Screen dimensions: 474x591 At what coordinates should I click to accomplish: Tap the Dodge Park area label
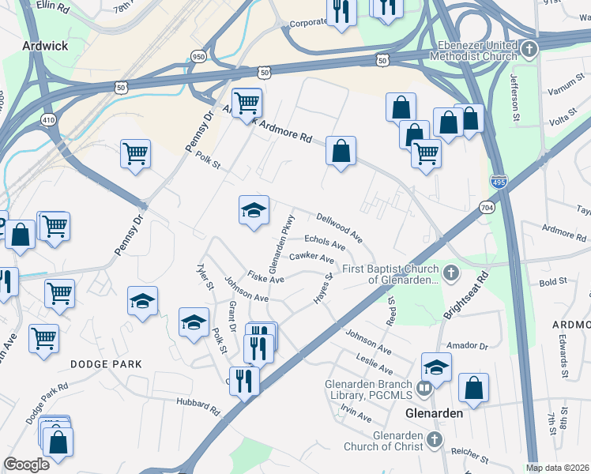pos(105,364)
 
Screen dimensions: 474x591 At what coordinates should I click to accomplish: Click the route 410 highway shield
pos(49,120)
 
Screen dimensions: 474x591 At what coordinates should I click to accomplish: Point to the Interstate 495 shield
pos(498,182)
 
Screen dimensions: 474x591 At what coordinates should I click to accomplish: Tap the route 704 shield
pos(487,206)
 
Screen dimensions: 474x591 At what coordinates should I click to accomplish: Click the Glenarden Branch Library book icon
pos(424,387)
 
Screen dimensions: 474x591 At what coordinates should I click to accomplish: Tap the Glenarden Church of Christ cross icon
pos(433,439)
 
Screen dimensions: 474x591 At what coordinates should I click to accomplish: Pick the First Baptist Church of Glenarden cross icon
pos(450,274)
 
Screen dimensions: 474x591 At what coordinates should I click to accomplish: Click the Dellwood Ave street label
pos(339,227)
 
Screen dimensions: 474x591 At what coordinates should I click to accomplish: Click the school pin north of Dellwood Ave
pos(254,211)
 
